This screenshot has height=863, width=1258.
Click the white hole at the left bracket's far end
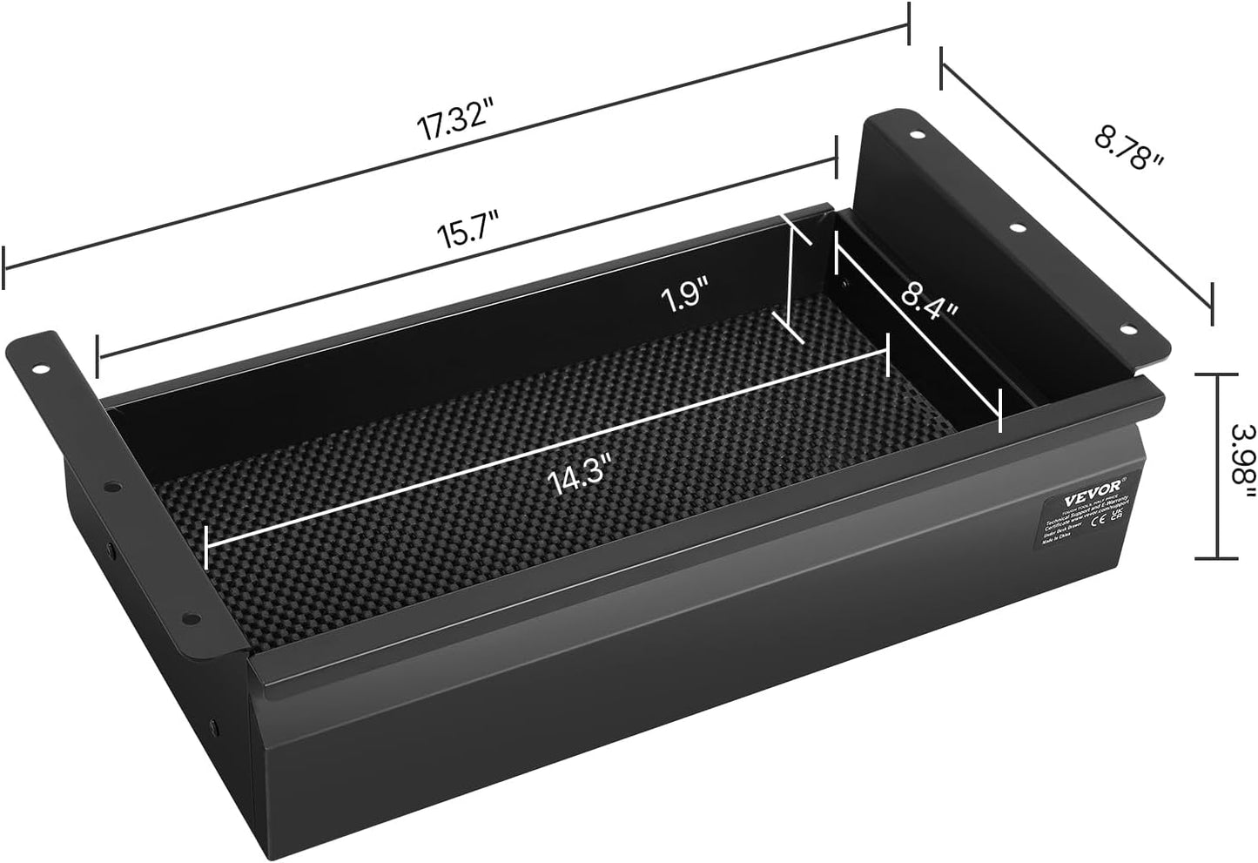(x=41, y=369)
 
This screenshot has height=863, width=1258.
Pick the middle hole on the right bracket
(x=1015, y=229)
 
